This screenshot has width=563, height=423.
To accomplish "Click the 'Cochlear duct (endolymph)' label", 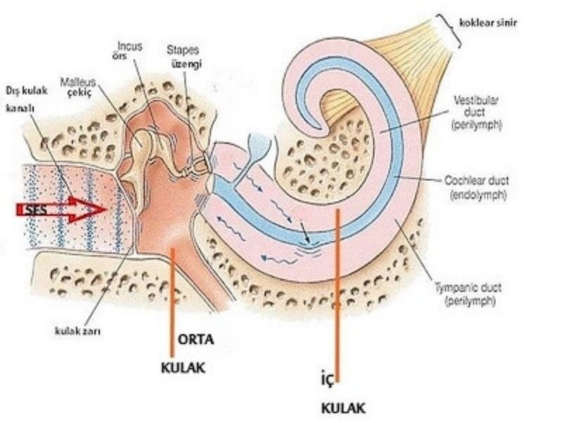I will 476,186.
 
